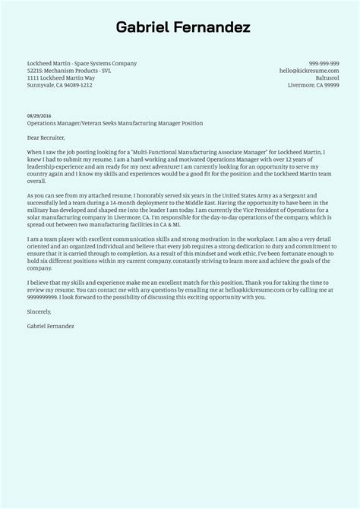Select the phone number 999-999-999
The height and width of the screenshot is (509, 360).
click(324, 63)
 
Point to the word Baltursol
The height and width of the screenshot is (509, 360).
click(326, 78)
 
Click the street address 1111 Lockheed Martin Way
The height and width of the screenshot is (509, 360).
click(60, 78)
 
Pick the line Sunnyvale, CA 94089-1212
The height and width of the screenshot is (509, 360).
click(59, 86)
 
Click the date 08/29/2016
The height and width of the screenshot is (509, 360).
click(38, 115)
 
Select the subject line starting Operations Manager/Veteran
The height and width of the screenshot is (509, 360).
click(115, 123)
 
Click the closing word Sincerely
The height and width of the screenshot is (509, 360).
click(39, 311)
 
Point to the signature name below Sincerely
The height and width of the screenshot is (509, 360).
click(50, 326)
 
